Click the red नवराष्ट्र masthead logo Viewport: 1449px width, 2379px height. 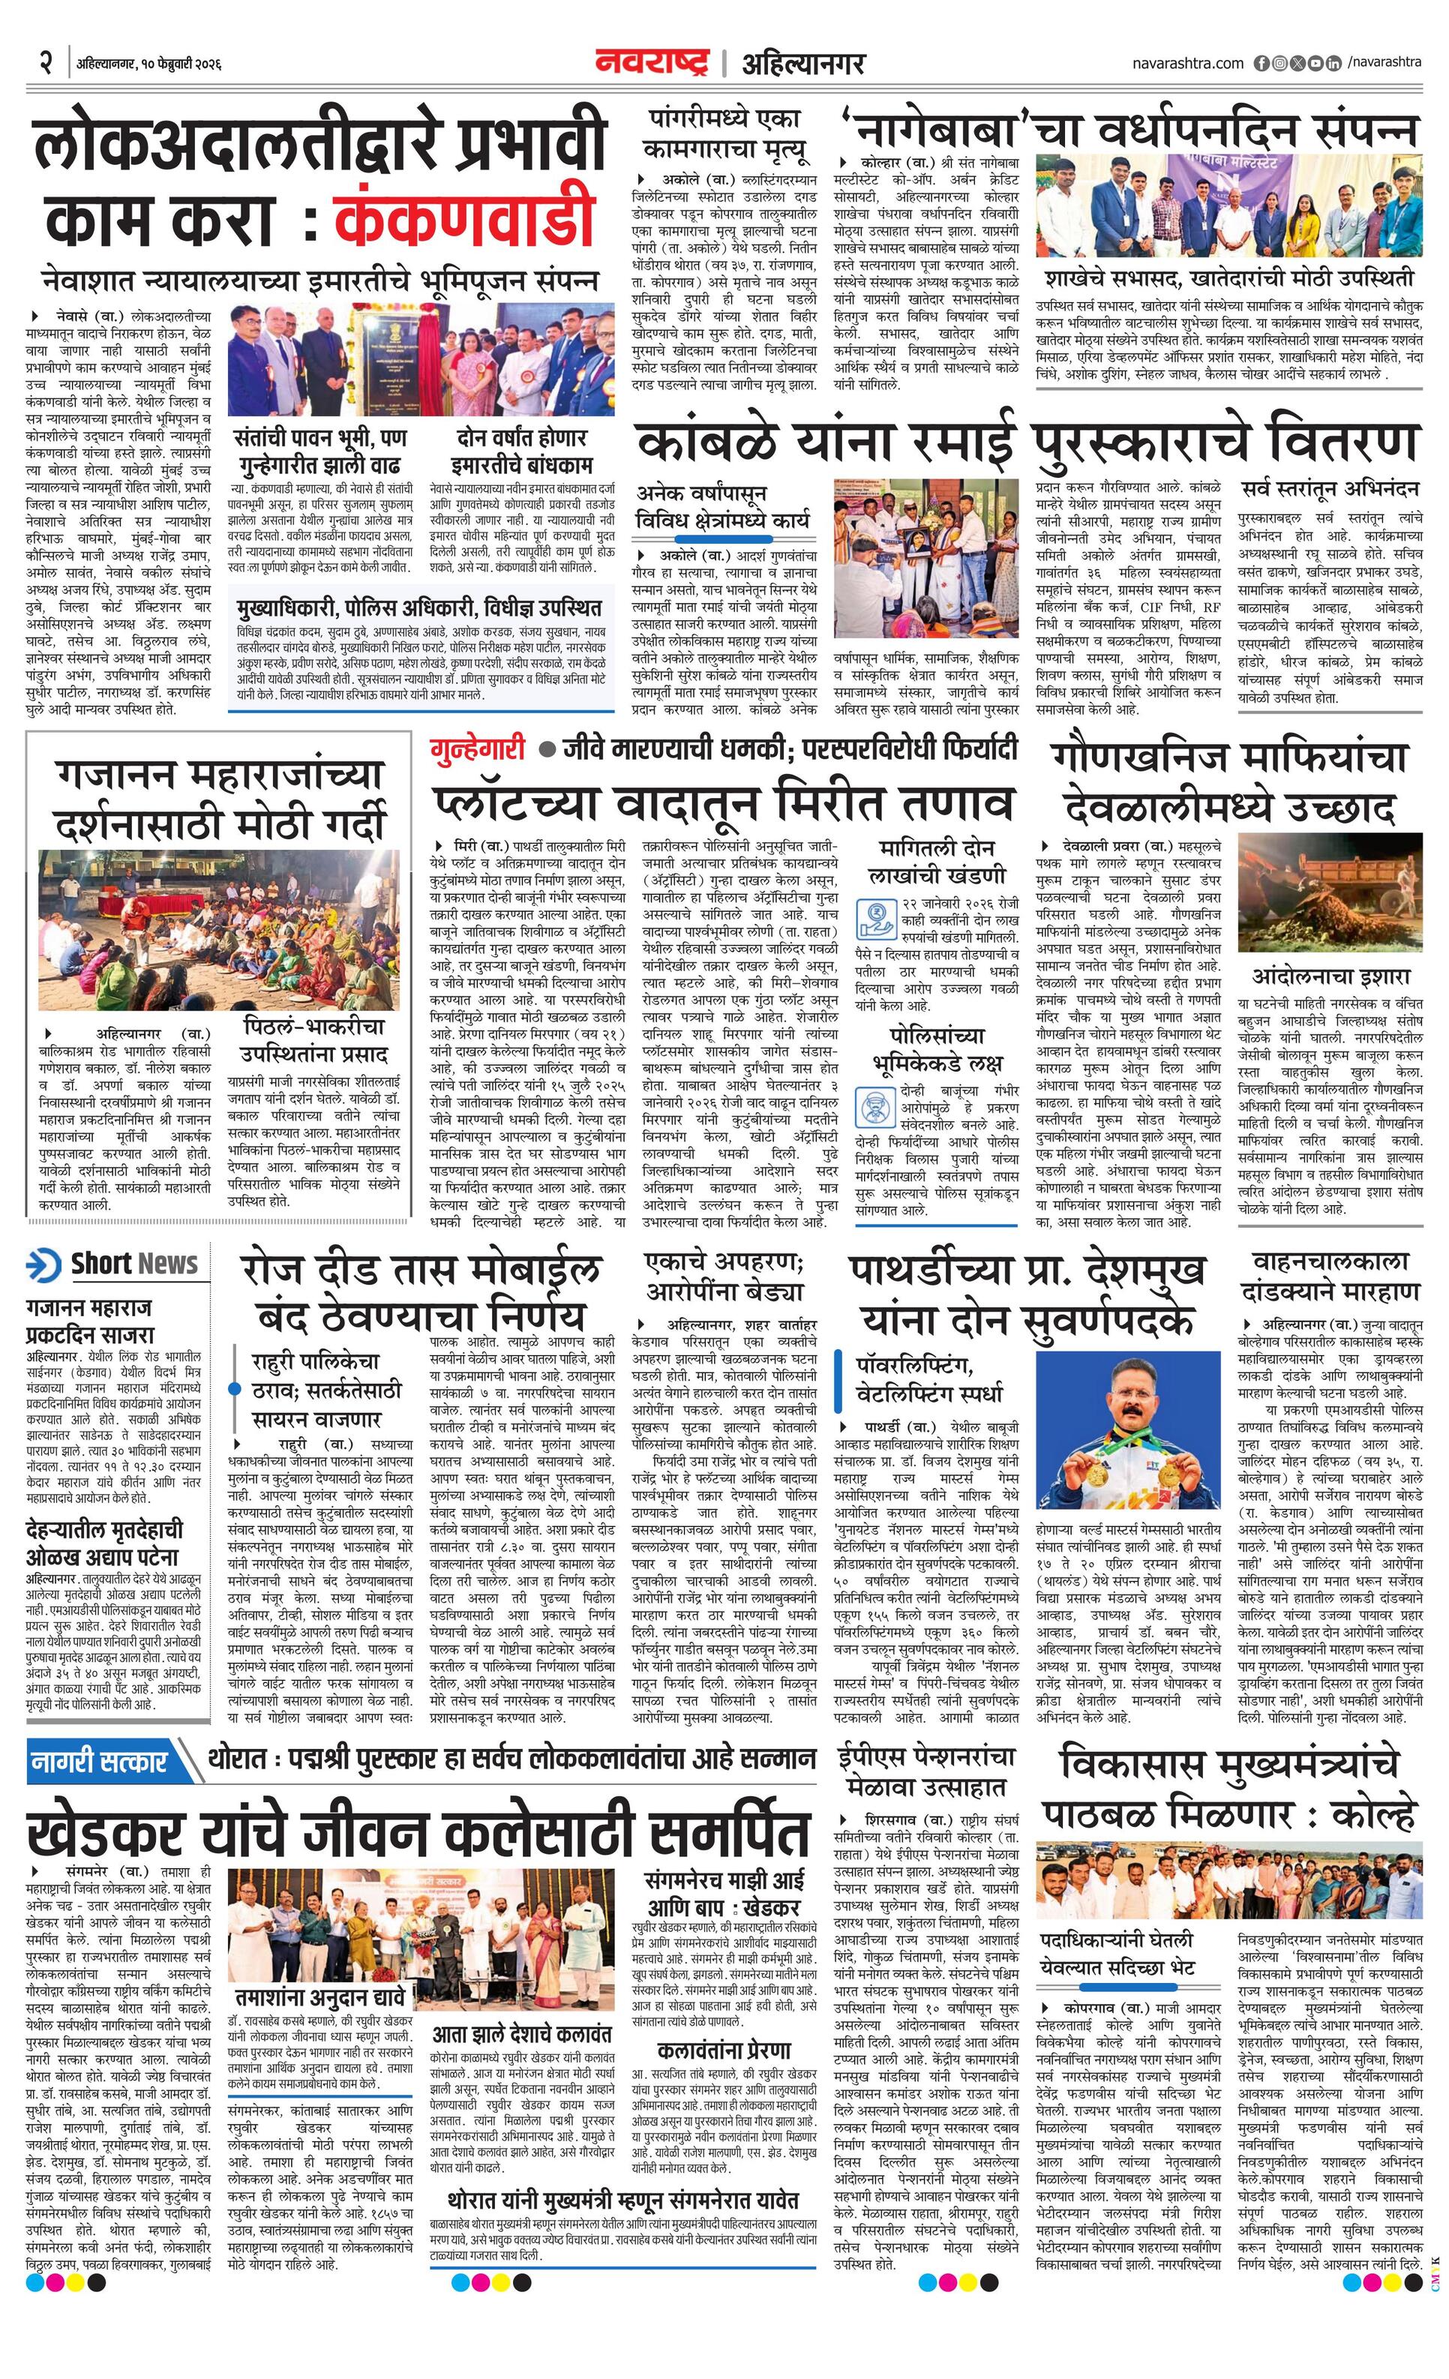[652, 61]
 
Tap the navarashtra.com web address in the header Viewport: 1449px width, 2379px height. [1187, 63]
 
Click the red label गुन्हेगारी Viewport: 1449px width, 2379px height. [478, 748]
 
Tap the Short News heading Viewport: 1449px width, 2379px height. [133, 1263]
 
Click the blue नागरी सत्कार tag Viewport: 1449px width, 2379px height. [100, 1759]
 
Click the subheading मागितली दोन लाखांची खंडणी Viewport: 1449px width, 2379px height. [935, 862]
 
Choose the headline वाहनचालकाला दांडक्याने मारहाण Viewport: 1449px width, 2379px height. [1330, 1276]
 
